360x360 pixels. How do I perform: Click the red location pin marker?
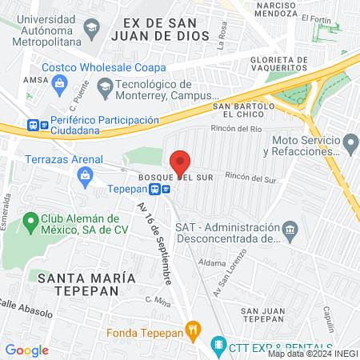180,162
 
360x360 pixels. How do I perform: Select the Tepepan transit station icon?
164,190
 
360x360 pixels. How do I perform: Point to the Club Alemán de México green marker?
31,219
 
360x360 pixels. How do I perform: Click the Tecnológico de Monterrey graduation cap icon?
105,86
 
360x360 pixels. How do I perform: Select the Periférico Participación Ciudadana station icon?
34,125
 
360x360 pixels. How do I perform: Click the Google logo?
26,350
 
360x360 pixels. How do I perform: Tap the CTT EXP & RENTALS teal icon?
218,346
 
